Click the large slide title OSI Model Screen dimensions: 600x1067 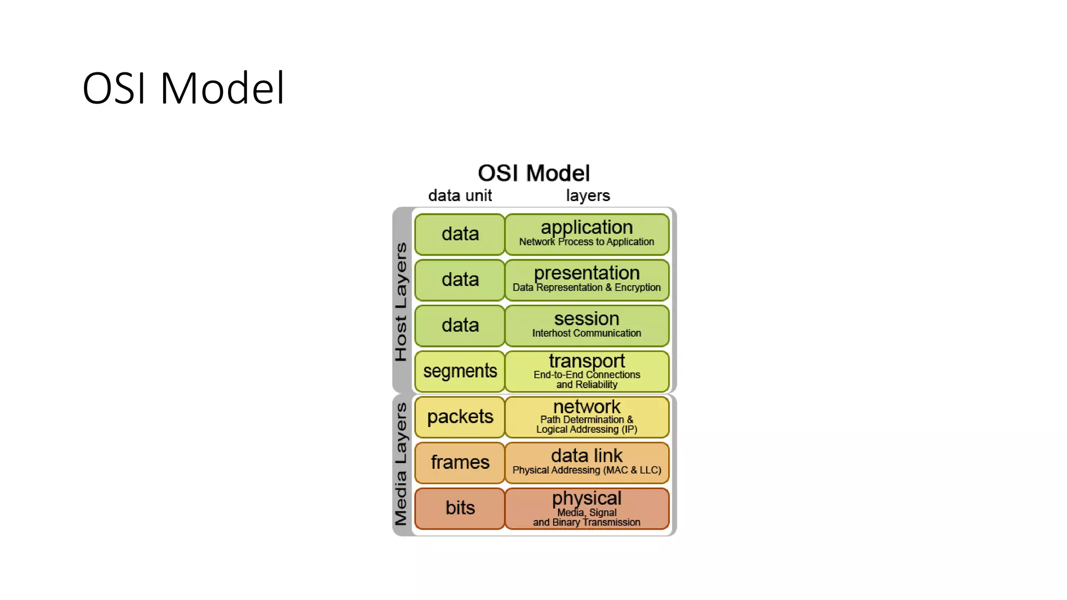tap(183, 88)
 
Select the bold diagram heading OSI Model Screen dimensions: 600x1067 tap(533, 173)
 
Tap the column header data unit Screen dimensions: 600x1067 tap(460, 196)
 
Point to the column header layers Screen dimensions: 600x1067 tap(588, 196)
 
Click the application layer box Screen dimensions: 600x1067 tap(587, 234)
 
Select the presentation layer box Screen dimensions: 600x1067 tap(587, 280)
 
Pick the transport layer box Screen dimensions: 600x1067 tap(587, 371)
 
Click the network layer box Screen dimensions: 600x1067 tap(587, 417)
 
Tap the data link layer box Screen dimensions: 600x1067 tap(587, 462)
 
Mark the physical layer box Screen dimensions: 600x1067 tap(587, 508)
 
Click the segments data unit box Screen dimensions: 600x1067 tap(460, 371)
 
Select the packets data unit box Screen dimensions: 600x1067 tap(460, 417)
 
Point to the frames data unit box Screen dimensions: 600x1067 tap(460, 462)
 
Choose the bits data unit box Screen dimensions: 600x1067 tap(460, 508)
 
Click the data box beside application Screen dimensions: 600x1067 tap(460, 234)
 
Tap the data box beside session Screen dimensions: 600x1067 tap(460, 326)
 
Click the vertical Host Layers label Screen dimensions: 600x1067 tap(401, 302)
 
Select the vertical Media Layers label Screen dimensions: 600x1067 tap(401, 465)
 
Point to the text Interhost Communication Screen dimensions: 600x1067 tap(587, 333)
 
